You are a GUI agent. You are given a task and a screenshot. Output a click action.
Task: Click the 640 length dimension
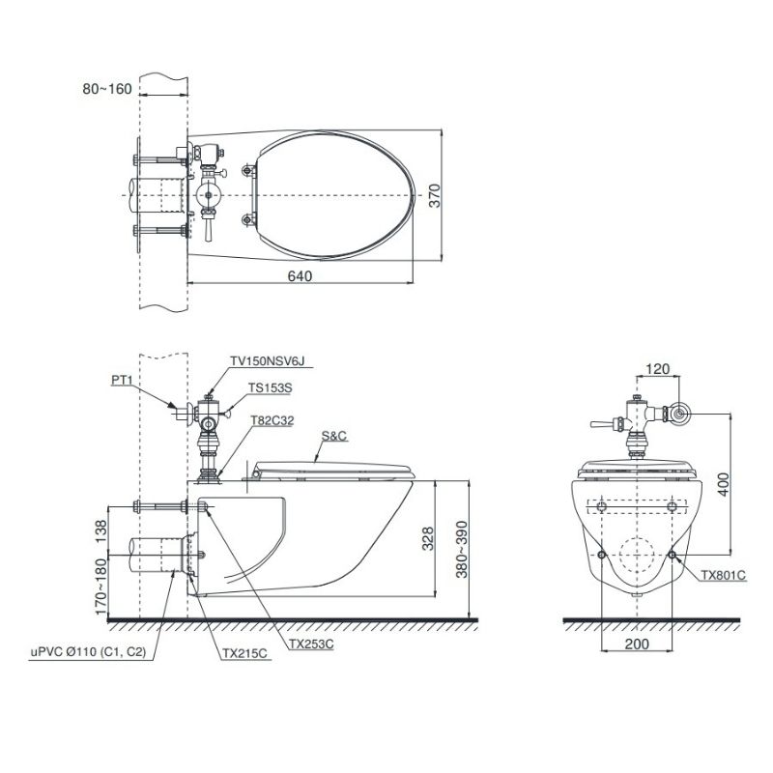point(300,276)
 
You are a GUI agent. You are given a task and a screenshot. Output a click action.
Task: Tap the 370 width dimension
point(434,196)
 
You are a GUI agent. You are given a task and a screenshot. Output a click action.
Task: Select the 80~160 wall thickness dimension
point(107,89)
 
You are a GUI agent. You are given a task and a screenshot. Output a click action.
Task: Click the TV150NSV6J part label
point(268,361)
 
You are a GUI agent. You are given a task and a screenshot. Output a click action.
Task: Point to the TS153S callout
point(271,388)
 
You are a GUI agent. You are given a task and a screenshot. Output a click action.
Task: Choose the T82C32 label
point(272,420)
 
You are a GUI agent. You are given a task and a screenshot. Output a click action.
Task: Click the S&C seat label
point(334,436)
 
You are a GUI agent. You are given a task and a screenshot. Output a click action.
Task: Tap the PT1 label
point(122,380)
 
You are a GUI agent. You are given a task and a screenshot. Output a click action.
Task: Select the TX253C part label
point(311,644)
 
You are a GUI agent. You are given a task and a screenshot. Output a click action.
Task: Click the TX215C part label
point(244,654)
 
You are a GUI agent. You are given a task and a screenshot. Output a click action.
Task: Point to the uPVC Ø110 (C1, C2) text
point(89,651)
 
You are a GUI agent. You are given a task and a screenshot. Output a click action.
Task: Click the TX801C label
point(724,575)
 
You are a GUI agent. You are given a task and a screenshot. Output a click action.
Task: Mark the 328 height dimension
point(427,539)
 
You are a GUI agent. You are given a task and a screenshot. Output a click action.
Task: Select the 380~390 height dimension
point(462,549)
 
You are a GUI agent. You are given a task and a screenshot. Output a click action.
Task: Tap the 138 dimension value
point(100,530)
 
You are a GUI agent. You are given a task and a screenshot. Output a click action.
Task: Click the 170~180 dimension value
point(100,587)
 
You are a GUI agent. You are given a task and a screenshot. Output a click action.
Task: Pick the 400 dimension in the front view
point(723,485)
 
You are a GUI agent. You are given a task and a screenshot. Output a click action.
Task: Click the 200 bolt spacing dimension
point(637,644)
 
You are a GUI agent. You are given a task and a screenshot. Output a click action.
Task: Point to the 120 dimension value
point(658,369)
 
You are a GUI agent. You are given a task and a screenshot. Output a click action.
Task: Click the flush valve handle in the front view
point(601,424)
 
